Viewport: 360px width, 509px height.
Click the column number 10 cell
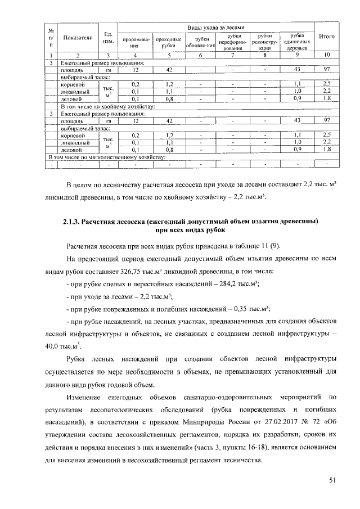coord(327,55)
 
